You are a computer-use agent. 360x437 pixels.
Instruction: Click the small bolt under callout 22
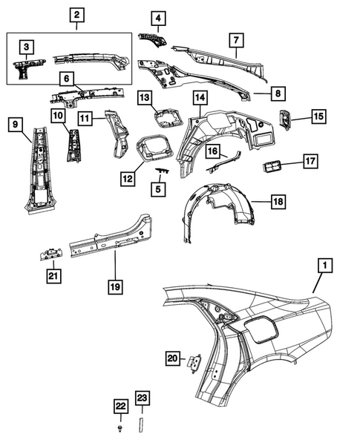[120, 429]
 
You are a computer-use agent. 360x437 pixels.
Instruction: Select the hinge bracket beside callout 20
[195, 362]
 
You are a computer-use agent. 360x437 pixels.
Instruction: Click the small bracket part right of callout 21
[50, 254]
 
